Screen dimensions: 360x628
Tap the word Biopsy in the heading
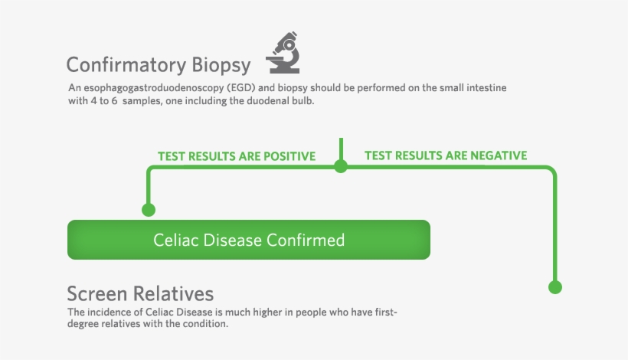221,64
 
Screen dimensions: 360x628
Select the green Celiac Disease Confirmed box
249,240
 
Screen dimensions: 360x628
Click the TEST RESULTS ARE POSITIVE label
237,156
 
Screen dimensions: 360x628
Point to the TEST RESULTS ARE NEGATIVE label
446,155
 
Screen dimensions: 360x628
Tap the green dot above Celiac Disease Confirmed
149,209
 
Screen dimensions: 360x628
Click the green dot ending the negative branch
556,287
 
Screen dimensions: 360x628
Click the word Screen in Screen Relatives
97,294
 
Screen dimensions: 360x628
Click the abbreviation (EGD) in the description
230,88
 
